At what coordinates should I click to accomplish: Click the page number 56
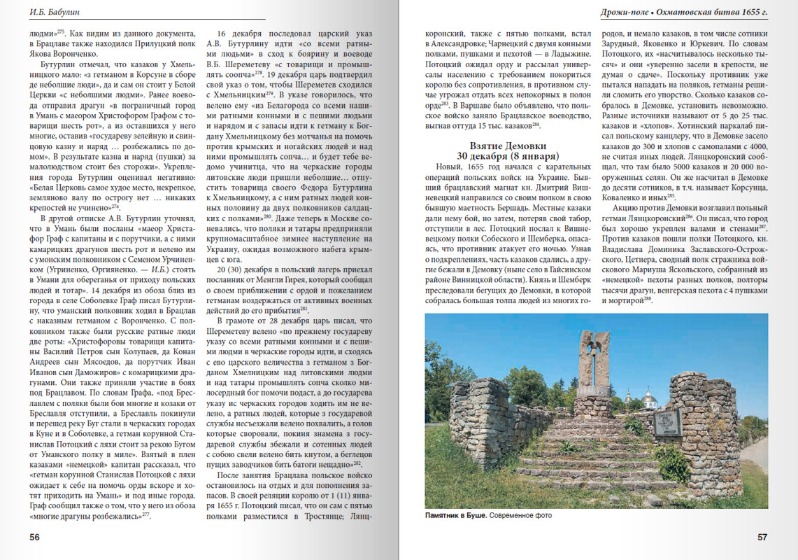[x=34, y=538]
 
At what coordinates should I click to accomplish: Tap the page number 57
[x=762, y=538]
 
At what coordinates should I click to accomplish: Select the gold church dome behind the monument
[x=648, y=398]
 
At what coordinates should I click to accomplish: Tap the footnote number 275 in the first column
[x=61, y=31]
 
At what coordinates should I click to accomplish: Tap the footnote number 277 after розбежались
[x=145, y=515]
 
